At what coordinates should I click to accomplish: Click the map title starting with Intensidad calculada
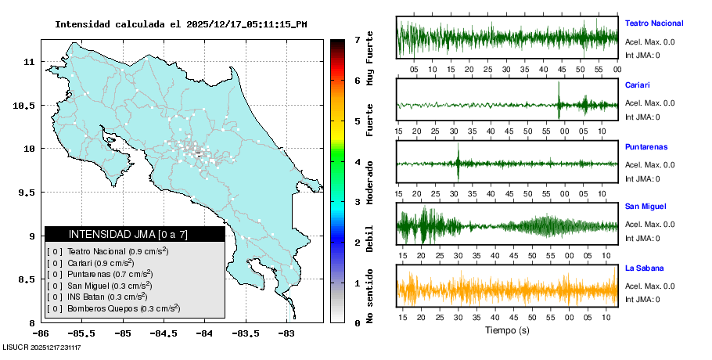[x=181, y=24]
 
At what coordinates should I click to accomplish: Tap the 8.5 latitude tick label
[x=29, y=279]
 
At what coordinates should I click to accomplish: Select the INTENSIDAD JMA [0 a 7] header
[x=135, y=234]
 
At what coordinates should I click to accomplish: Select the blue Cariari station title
[x=638, y=85]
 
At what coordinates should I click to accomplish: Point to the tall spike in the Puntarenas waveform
[x=458, y=162]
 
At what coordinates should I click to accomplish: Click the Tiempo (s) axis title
[x=506, y=330]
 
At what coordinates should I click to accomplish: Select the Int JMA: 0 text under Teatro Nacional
[x=642, y=56]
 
